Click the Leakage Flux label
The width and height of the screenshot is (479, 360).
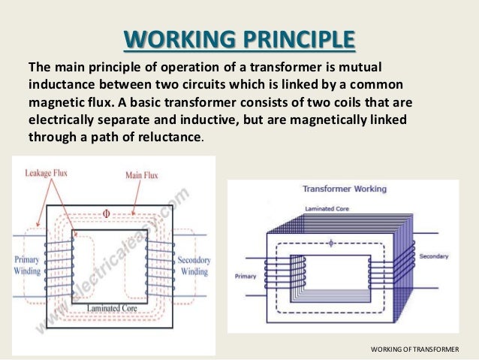[x=45, y=173]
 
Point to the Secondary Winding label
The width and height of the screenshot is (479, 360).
[x=194, y=265]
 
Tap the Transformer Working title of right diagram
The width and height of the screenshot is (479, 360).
[x=334, y=189]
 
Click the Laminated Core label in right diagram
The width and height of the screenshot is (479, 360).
[x=325, y=208]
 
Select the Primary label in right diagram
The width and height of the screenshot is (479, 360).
[x=247, y=275]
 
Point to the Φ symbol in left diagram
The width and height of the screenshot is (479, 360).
[x=106, y=213]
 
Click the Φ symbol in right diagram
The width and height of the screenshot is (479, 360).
[x=330, y=243]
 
